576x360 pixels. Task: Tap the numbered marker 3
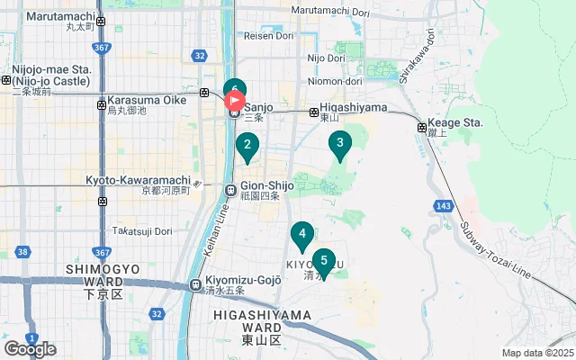coord(339,143)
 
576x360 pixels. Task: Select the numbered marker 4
coord(302,236)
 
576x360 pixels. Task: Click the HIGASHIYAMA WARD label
coord(262,315)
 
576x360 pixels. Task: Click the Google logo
coord(30,348)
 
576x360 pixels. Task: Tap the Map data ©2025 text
coord(537,353)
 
